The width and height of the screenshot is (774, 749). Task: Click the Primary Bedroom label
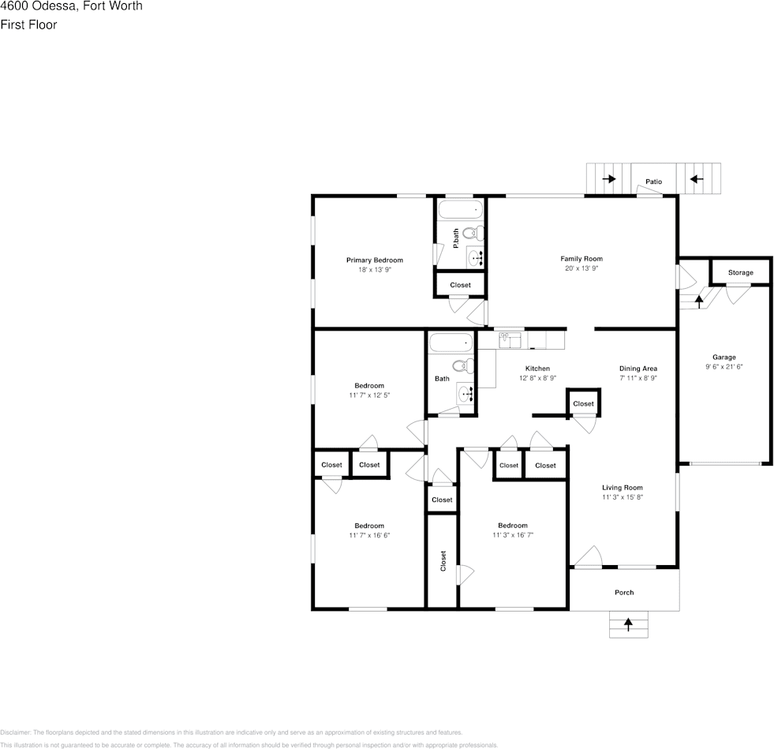(x=374, y=260)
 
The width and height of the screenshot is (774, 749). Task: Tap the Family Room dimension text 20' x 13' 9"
(x=581, y=269)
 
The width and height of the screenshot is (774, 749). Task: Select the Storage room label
(x=740, y=273)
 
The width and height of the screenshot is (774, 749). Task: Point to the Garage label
(x=724, y=358)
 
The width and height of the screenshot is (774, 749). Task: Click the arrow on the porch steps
(x=628, y=624)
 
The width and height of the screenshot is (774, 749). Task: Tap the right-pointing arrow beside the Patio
(x=609, y=179)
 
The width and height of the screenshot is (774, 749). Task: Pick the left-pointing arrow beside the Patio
(x=696, y=179)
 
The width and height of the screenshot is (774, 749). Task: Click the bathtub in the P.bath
(x=460, y=211)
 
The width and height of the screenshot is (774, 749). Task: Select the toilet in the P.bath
(x=473, y=233)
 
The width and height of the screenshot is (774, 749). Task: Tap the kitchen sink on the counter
(x=510, y=339)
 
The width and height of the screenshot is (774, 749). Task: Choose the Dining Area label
(x=638, y=369)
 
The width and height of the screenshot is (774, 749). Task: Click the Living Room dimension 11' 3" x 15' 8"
(x=623, y=497)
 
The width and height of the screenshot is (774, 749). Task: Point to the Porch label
(x=624, y=593)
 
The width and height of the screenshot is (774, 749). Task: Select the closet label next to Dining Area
(x=583, y=404)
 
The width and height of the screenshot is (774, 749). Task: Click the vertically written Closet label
(x=443, y=561)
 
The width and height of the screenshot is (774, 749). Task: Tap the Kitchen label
(x=537, y=369)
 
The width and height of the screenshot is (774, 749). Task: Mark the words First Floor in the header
(x=28, y=24)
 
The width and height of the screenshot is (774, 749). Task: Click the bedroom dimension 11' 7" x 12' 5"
(x=368, y=395)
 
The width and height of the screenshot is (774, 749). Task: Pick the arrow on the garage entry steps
(x=697, y=300)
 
